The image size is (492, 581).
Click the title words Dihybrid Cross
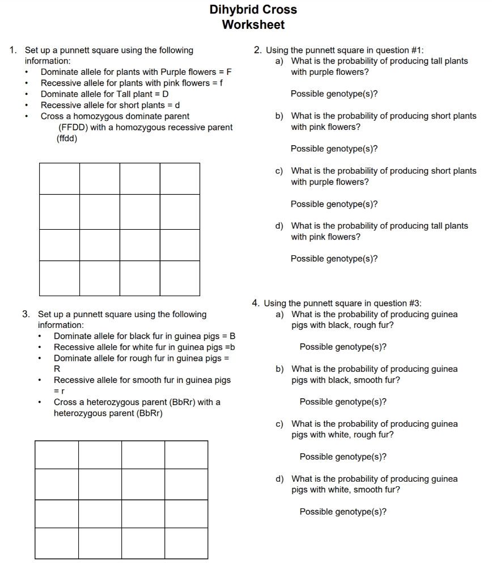coord(253,10)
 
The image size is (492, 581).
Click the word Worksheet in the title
coord(253,25)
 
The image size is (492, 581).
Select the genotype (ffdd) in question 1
coord(67,138)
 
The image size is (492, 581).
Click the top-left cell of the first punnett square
coord(60,178)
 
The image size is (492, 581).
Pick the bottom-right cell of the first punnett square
coord(180,278)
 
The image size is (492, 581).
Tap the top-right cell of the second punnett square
coord(186,454)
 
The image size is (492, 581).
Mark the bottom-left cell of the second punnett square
coord(57,543)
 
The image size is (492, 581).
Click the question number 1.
coord(13,50)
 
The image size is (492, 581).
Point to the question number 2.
coord(258,50)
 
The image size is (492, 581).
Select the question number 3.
coord(26,314)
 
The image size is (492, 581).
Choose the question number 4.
coord(256,303)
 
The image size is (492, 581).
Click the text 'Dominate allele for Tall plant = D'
coord(104,94)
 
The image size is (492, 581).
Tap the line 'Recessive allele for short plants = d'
coord(110,105)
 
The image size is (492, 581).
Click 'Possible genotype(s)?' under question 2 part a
coord(334,94)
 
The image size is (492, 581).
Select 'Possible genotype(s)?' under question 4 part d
coord(343,512)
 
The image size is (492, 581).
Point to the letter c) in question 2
coord(279,171)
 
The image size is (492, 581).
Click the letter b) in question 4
coord(279,369)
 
